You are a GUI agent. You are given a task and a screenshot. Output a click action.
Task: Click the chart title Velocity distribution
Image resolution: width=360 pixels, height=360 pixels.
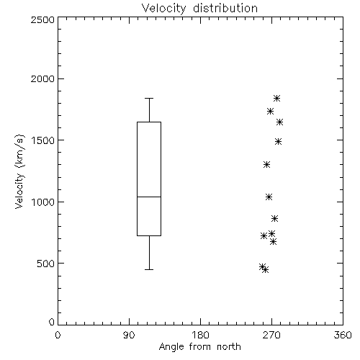pyautogui.click(x=199, y=9)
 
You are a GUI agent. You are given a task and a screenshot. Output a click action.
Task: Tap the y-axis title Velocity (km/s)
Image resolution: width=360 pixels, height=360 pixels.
pyautogui.click(x=19, y=171)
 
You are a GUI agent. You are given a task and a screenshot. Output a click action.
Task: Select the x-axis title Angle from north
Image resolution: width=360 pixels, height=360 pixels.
pyautogui.click(x=199, y=347)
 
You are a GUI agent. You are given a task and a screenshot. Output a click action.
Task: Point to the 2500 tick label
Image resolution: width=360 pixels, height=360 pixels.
pyautogui.click(x=42, y=19)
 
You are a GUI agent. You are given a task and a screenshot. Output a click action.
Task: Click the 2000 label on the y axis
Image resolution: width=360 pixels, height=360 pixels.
pyautogui.click(x=42, y=78)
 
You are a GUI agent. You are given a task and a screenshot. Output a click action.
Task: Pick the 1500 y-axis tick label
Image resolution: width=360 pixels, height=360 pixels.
pyautogui.click(x=43, y=140)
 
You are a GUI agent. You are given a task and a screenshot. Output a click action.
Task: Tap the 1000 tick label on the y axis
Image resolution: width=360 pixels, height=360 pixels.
pyautogui.click(x=43, y=202)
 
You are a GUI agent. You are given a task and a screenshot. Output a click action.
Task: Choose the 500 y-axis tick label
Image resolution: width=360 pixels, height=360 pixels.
pyautogui.click(x=46, y=264)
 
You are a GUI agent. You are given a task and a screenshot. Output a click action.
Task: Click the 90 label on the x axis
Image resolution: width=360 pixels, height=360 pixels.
pyautogui.click(x=129, y=335)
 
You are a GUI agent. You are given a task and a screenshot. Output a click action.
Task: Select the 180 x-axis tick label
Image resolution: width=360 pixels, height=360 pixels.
pyautogui.click(x=200, y=335)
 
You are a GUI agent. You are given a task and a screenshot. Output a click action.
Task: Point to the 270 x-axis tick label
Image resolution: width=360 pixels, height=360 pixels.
pyautogui.click(x=271, y=335)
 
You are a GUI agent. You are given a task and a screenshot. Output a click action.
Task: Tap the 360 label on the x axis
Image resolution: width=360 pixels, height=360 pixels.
pyautogui.click(x=343, y=335)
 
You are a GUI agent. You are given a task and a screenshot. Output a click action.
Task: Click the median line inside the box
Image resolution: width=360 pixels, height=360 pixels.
pyautogui.click(x=149, y=197)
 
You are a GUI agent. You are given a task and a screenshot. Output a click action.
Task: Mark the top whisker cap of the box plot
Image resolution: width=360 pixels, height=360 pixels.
pyautogui.click(x=149, y=98)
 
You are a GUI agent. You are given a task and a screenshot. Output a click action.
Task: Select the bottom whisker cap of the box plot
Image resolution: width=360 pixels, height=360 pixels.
pyautogui.click(x=149, y=269)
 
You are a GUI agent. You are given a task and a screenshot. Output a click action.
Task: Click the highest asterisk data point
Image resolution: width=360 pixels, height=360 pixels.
pyautogui.click(x=276, y=98)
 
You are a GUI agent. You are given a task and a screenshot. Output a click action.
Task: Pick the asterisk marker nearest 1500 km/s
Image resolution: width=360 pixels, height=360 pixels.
pyautogui.click(x=278, y=142)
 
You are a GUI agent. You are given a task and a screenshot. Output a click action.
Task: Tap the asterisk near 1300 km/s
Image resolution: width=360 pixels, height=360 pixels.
pyautogui.click(x=266, y=165)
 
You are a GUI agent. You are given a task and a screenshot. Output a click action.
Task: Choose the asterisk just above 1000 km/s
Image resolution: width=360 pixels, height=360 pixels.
pyautogui.click(x=269, y=197)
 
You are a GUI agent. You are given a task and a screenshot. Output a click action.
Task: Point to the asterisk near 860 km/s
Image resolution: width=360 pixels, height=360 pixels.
pyautogui.click(x=274, y=219)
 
